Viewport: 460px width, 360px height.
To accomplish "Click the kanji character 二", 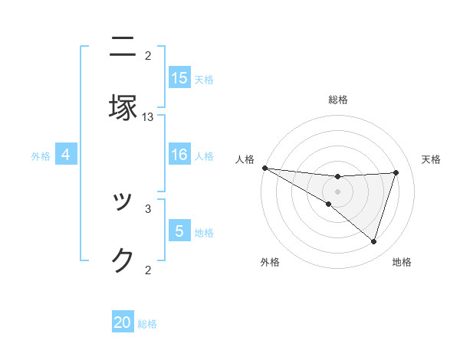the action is [x=123, y=47].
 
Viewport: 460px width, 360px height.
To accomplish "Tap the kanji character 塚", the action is [x=123, y=108].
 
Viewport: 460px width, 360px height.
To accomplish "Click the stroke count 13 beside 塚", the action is [x=148, y=117].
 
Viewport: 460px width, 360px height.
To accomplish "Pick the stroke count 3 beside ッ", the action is [x=148, y=208].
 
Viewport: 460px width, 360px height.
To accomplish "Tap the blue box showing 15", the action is [x=179, y=78].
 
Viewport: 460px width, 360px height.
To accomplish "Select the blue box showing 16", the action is [x=179, y=155].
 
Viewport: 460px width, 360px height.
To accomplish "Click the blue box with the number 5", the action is [x=179, y=231].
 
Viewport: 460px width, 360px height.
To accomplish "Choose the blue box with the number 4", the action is [x=66, y=155].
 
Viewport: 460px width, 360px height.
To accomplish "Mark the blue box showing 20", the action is [x=123, y=323].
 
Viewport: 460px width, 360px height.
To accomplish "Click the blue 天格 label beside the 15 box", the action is [x=204, y=79].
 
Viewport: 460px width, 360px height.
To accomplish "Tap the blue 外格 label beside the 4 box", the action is [x=41, y=156].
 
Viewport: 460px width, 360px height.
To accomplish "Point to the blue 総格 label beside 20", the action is [x=147, y=324].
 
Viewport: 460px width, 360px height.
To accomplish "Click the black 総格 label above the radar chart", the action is [x=338, y=100].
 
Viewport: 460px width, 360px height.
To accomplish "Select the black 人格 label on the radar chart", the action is [x=245, y=159].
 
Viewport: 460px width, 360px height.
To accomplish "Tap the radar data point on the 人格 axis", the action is [x=264, y=168].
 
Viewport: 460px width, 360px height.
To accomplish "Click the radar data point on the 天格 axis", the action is [x=396, y=172].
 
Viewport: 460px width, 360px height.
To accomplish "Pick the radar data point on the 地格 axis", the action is [x=373, y=241].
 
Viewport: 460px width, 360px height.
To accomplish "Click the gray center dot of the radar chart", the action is [x=337, y=191].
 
